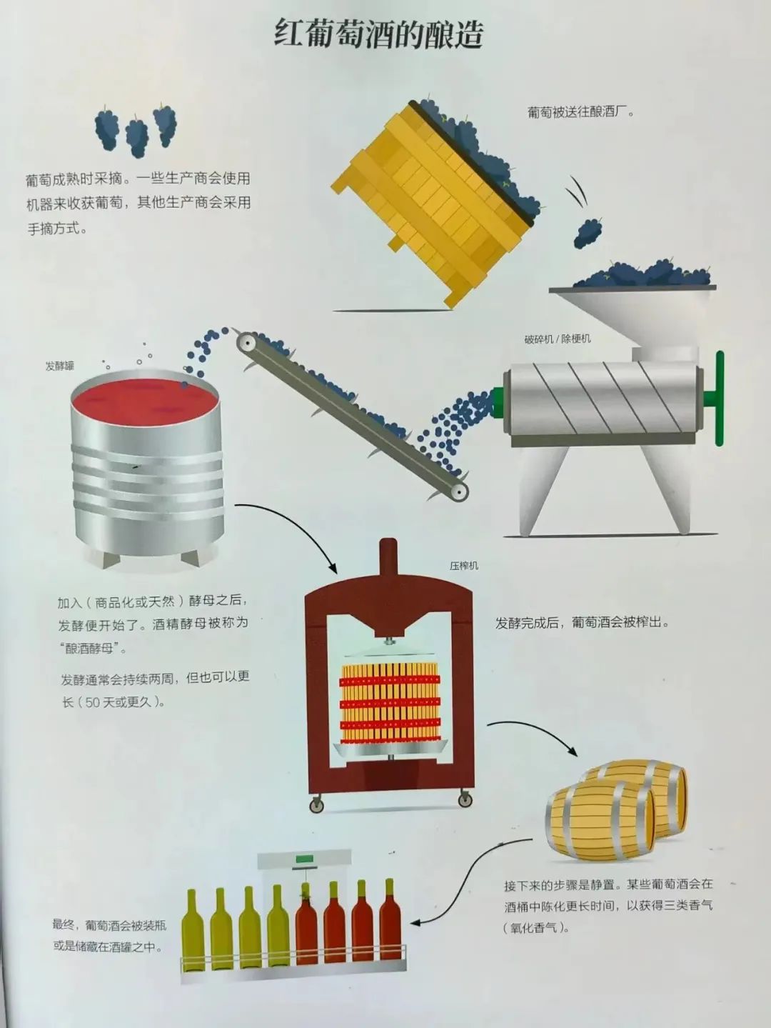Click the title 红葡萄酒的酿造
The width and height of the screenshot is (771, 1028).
(378, 34)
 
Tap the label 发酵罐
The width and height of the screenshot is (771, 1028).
(59, 366)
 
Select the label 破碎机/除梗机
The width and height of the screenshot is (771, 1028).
(558, 338)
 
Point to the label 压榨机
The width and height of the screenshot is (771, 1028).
(464, 566)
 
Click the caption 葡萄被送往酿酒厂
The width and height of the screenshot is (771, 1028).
(581, 113)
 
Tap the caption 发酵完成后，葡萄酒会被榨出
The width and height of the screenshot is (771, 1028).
(582, 623)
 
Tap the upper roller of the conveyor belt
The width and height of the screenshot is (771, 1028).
(243, 344)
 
